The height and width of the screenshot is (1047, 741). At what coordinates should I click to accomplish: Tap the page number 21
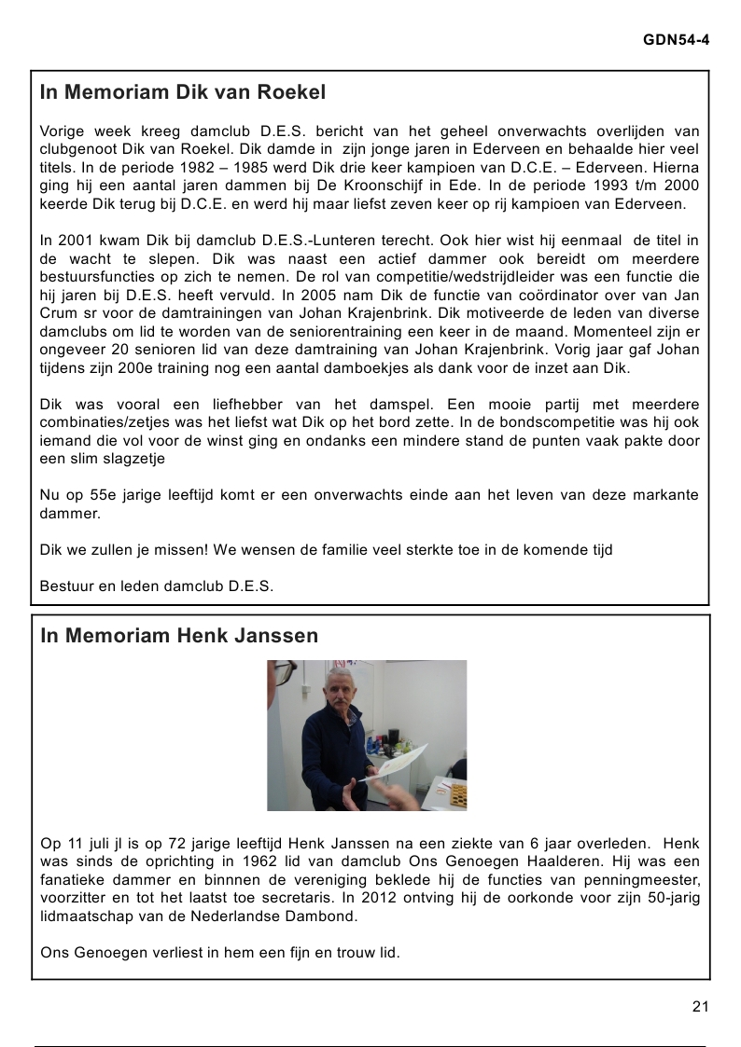[x=701, y=1005]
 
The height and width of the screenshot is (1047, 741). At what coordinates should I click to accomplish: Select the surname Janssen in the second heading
[x=279, y=636]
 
